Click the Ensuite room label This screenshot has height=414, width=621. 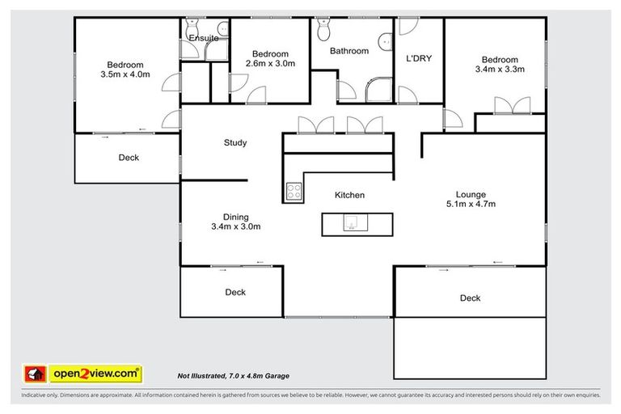(204, 38)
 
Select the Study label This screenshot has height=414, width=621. (235, 143)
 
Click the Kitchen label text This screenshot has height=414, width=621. (349, 195)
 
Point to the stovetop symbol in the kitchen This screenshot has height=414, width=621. (294, 192)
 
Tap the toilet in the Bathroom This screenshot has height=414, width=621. (323, 30)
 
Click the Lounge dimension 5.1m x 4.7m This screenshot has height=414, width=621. (470, 205)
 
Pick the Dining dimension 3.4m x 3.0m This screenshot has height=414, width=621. (235, 227)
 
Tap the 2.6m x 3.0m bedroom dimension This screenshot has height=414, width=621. (270, 63)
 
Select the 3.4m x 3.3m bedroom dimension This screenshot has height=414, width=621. (499, 70)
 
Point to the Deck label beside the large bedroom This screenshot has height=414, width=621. (129, 158)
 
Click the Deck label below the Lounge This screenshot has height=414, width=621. (470, 298)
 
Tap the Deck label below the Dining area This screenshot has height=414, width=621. (235, 293)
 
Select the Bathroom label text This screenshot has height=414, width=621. (349, 51)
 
